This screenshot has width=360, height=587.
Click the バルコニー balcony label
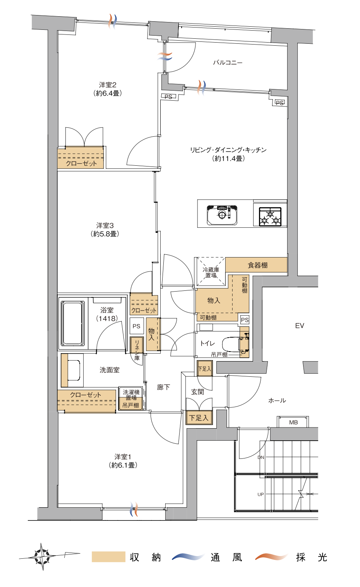pyautogui.click(x=228, y=63)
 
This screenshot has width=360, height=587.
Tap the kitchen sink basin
pyautogui.click(x=222, y=215)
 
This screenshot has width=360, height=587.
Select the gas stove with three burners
pyautogui.click(x=270, y=217)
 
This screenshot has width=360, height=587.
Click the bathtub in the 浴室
pyautogui.click(x=72, y=323)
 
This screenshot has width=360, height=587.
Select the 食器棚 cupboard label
pyautogui.click(x=257, y=265)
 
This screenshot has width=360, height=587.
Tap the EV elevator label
pyautogui.click(x=300, y=326)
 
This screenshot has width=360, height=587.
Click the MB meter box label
pyautogui.click(x=293, y=422)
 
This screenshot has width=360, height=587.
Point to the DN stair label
pyautogui.click(x=261, y=457)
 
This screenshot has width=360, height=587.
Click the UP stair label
pyautogui.click(x=261, y=494)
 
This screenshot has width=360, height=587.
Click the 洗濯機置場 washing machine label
pyautogui.click(x=131, y=395)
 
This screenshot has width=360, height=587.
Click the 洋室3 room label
pyautogui.click(x=105, y=225)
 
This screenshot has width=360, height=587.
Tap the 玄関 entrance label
pyautogui.click(x=197, y=392)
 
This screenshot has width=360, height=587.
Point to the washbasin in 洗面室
pyautogui.click(x=74, y=370)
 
